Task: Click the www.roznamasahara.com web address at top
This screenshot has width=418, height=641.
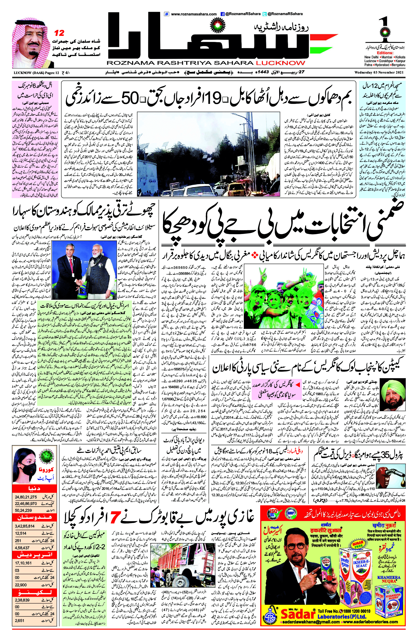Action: click(194, 14)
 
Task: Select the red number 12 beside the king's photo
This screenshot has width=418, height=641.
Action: click(59, 33)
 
